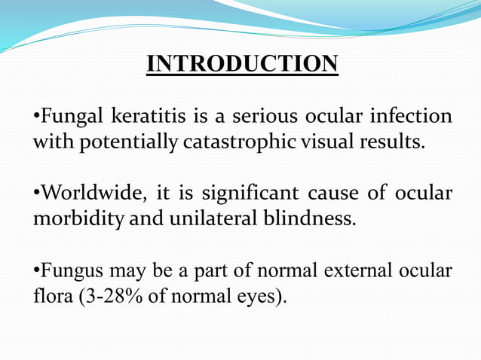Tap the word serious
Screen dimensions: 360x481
pyautogui.click(x=260, y=117)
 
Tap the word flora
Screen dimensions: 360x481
pyautogui.click(x=49, y=294)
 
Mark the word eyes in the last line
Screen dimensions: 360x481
pyautogui.click(x=253, y=294)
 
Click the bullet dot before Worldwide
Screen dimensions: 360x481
pyautogui.click(x=35, y=194)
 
